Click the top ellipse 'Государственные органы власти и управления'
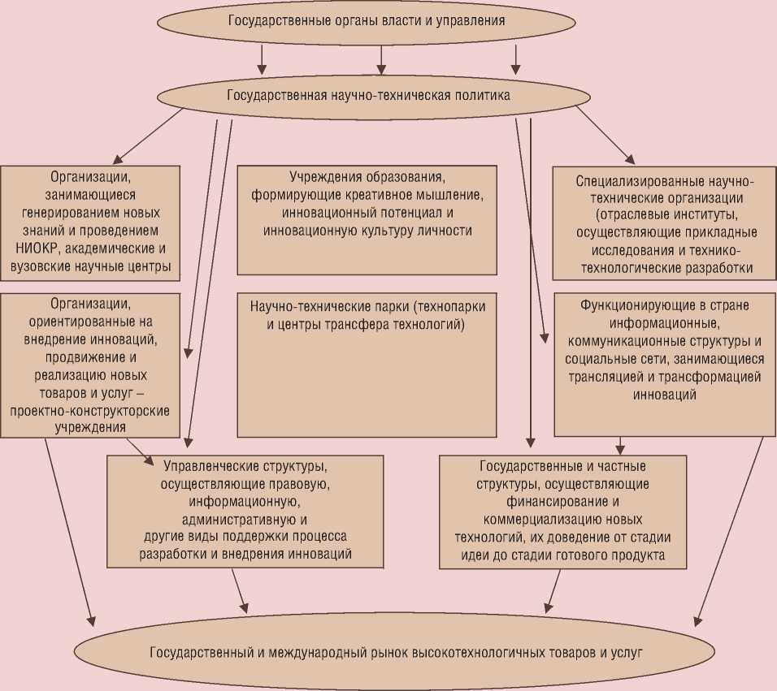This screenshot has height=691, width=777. [x=367, y=22]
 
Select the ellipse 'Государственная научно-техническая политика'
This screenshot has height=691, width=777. [x=367, y=96]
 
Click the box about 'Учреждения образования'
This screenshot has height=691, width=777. [x=367, y=219]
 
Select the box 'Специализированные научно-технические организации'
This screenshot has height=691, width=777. [x=664, y=222]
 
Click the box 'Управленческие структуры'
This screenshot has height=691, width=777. [x=245, y=511]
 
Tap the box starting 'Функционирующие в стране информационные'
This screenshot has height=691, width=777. [x=663, y=364]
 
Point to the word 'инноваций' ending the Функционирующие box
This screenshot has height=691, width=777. [x=663, y=395]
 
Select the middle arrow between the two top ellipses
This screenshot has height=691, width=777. [x=381, y=57]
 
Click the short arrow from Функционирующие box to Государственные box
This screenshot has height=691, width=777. [x=621, y=445]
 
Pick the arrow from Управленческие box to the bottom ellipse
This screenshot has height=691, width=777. [x=239, y=588]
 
